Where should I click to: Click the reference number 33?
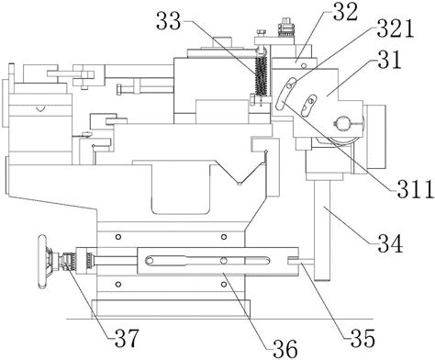tap(169, 21)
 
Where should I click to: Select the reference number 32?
tap(345, 12)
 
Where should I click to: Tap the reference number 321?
tap(395, 28)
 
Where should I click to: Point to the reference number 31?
tap(389, 60)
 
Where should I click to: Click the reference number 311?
tap(416, 189)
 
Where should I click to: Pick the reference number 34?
tap(390, 242)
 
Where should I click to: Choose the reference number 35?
tap(363, 338)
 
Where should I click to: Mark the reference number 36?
tap(285, 348)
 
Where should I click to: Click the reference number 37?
tap(127, 338)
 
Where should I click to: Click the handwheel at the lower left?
tap(43, 261)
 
